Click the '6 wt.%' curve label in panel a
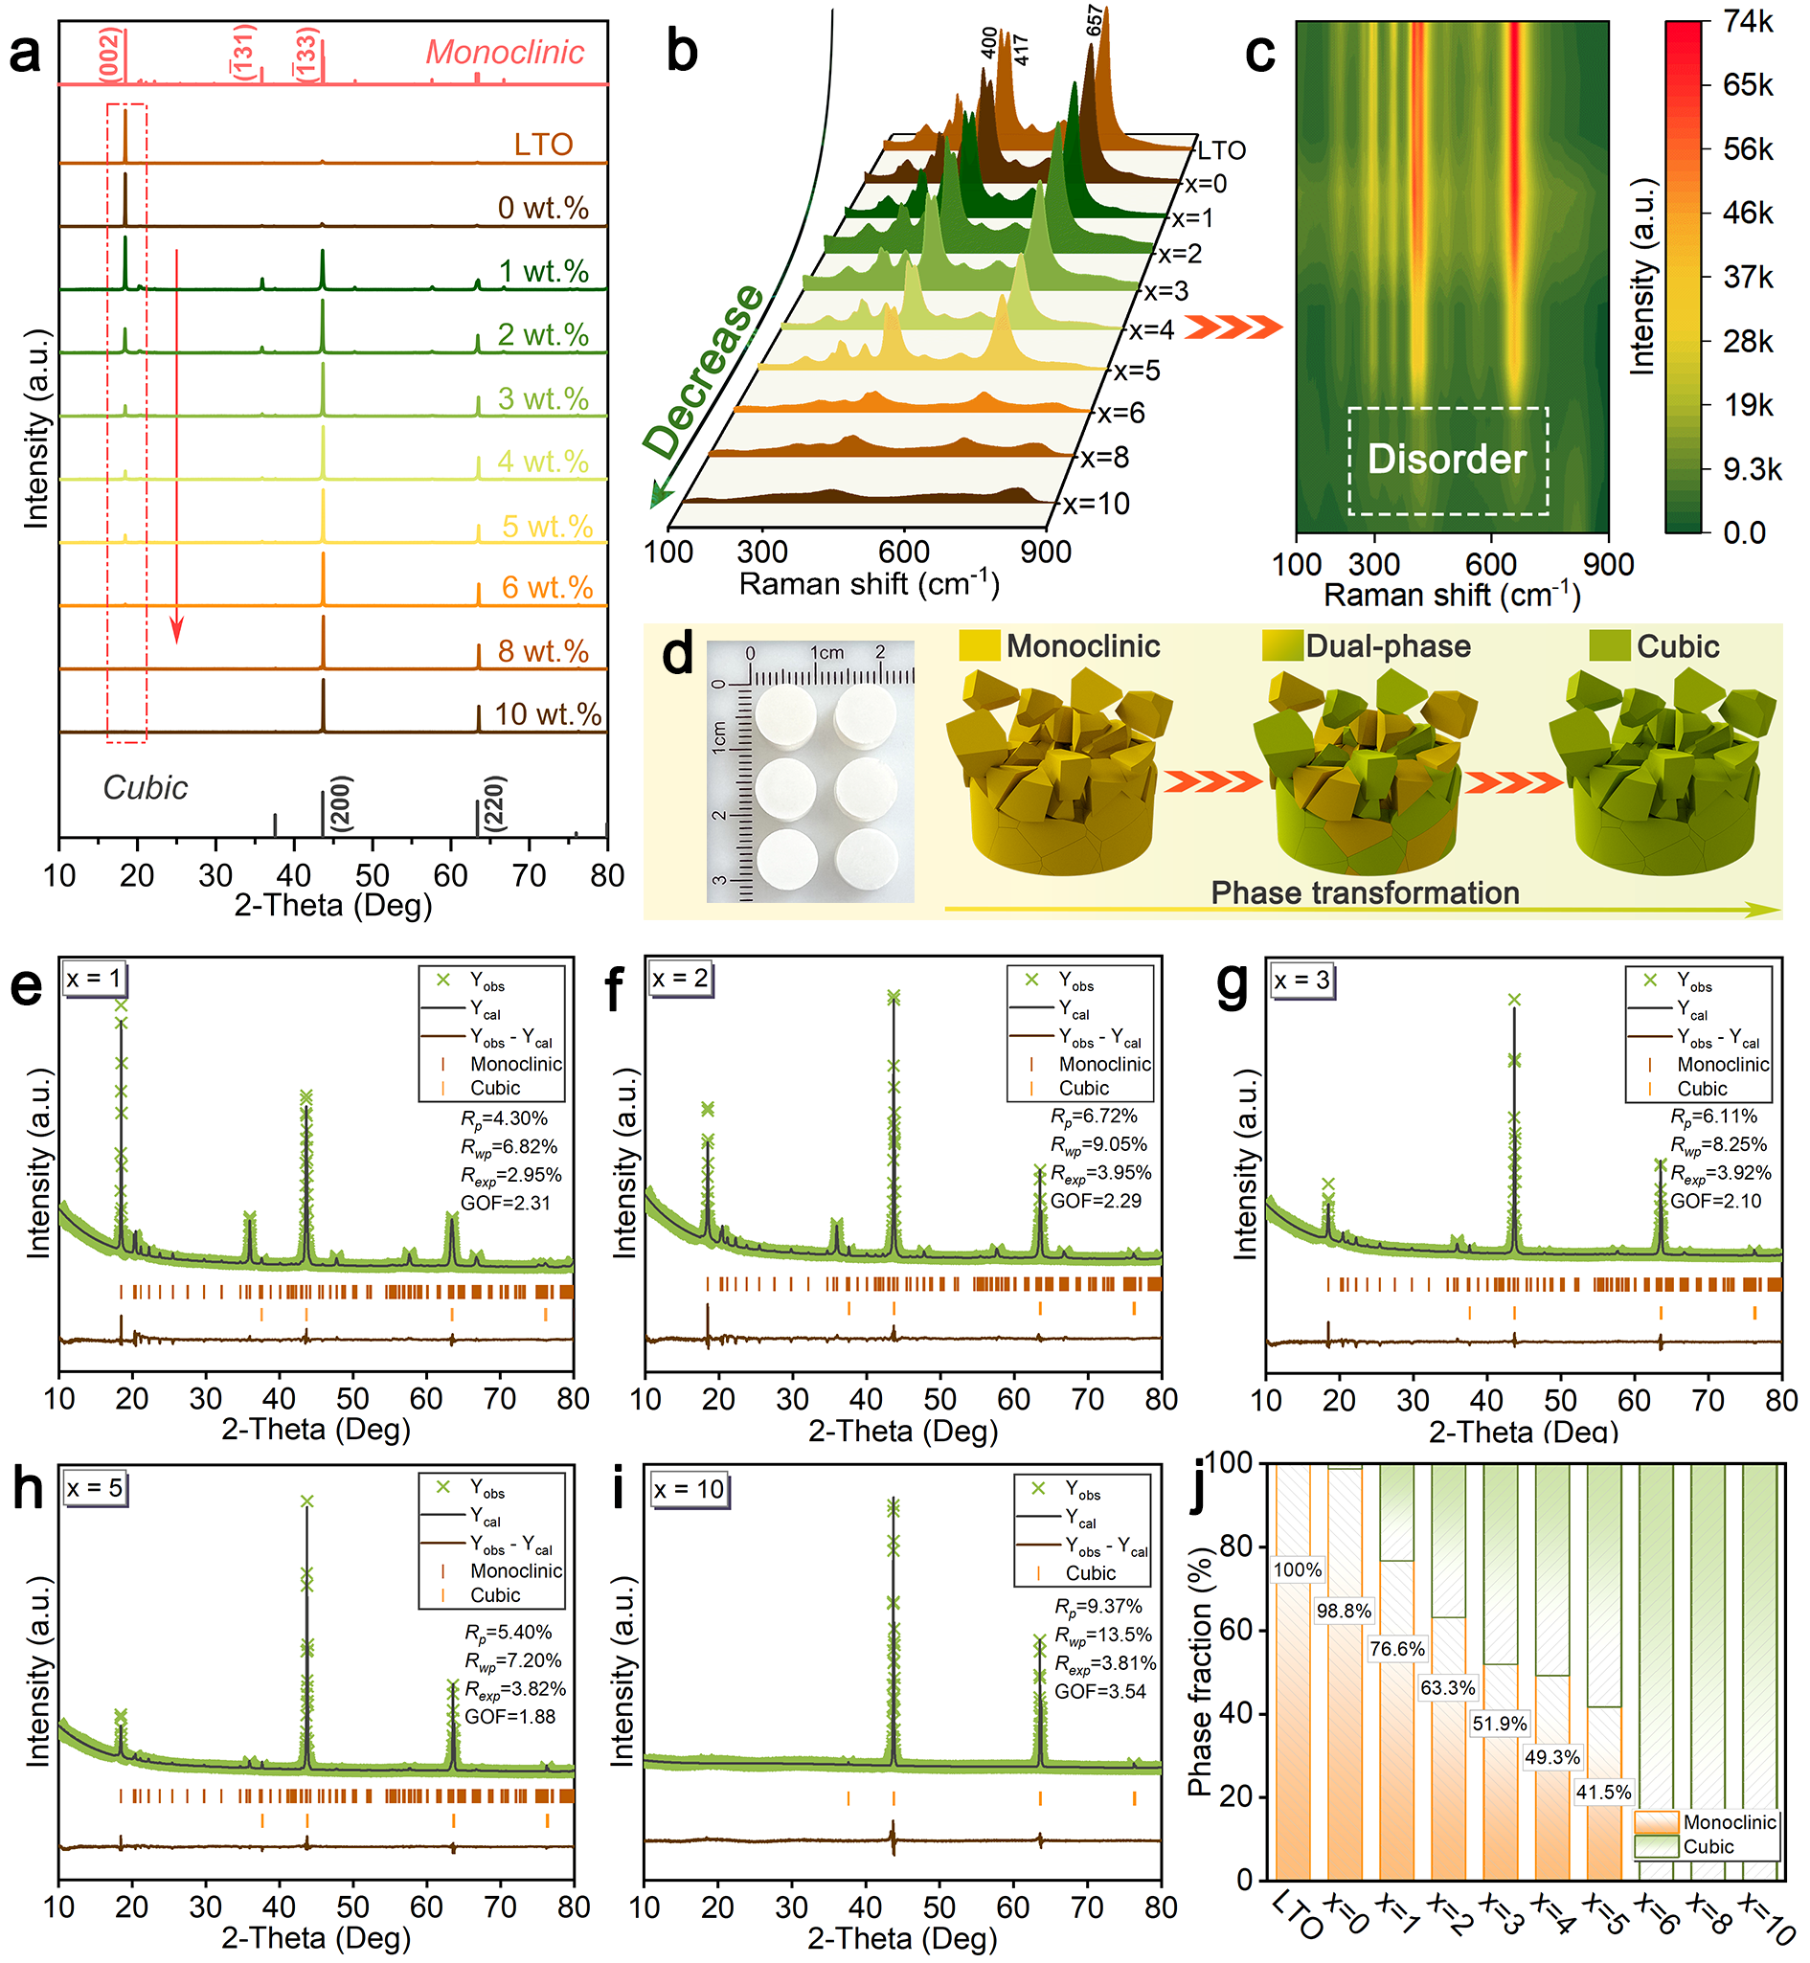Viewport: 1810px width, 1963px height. point(547,588)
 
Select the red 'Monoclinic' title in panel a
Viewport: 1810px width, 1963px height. point(505,52)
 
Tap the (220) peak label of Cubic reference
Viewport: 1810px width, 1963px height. point(494,804)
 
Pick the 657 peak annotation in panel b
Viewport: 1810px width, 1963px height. point(1096,20)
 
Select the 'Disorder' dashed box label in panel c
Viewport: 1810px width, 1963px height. point(1447,460)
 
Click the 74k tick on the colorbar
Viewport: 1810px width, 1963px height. point(1749,22)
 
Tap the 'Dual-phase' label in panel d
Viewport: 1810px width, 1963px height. point(1387,646)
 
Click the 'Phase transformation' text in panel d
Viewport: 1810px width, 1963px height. point(1365,893)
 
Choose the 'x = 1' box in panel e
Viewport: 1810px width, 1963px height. point(94,979)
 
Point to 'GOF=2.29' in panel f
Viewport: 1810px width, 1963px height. point(1096,1201)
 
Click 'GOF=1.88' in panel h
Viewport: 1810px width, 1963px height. point(509,1716)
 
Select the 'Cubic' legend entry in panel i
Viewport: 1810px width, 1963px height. point(1090,1573)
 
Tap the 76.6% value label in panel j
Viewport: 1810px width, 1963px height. point(1396,1649)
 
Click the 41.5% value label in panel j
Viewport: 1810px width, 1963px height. point(1603,1793)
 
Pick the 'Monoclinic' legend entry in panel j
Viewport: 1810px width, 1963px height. point(1729,1822)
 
